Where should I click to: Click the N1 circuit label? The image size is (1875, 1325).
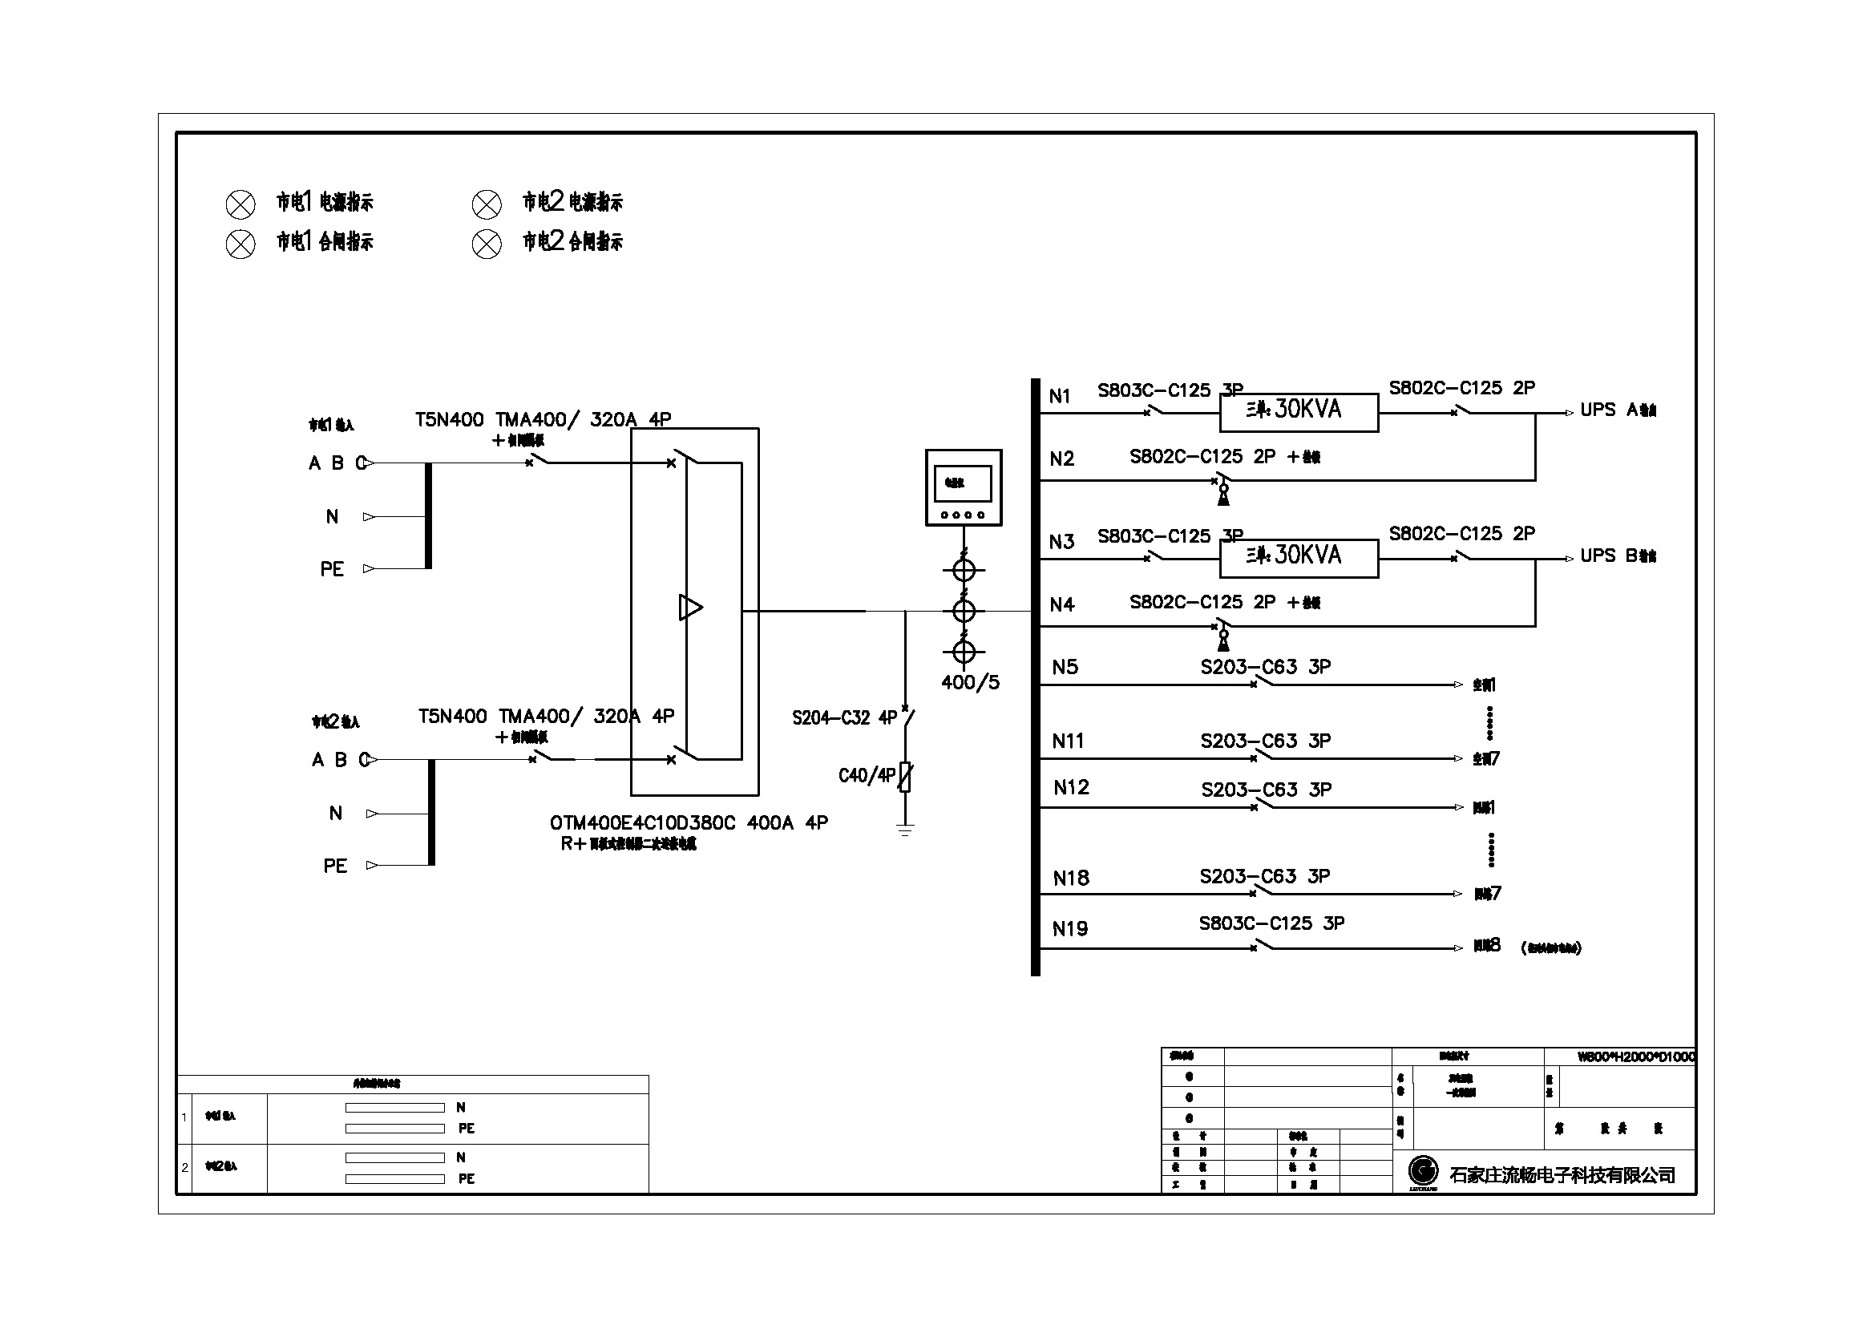[1059, 397]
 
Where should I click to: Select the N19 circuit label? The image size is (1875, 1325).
[1070, 929]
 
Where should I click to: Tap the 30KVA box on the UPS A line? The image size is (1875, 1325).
[1299, 410]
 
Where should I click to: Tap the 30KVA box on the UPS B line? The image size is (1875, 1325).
[1299, 556]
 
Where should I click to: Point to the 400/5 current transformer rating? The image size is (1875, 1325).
[970, 682]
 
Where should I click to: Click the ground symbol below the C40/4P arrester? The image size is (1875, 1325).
[905, 830]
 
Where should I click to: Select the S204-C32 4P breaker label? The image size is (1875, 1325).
[843, 717]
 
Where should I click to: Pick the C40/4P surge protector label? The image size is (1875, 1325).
[867, 775]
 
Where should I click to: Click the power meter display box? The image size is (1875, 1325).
[964, 487]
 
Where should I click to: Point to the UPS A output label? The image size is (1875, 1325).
[1617, 410]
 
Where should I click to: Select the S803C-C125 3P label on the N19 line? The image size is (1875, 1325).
[1271, 923]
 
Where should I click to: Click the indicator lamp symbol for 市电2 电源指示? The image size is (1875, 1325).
[487, 204]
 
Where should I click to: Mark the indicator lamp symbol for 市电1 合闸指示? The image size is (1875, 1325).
[240, 244]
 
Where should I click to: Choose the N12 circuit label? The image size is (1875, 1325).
[1071, 788]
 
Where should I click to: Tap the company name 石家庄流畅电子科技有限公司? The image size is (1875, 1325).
[1562, 1175]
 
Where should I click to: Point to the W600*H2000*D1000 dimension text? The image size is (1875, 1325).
[1636, 1057]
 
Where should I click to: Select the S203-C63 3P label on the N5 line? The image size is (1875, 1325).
[1265, 667]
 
